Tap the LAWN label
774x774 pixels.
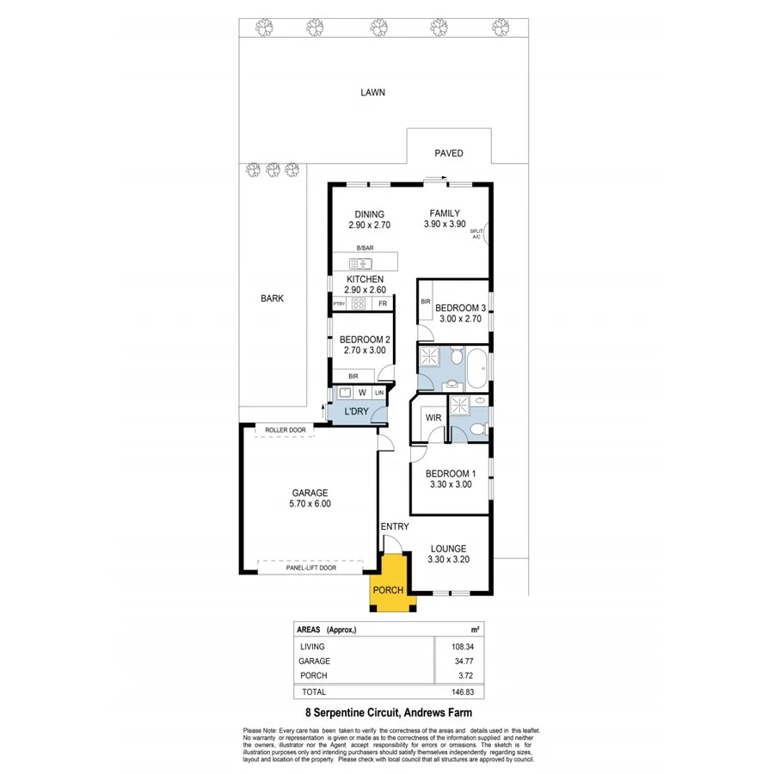[372, 92]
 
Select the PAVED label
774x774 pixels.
[448, 153]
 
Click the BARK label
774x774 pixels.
[272, 298]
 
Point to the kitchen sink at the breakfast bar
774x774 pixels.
[359, 262]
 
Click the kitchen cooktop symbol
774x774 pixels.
[359, 304]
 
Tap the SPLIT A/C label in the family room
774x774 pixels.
[476, 235]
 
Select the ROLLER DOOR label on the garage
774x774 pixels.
[285, 429]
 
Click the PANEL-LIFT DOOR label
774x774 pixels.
[310, 568]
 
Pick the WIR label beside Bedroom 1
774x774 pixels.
[433, 418]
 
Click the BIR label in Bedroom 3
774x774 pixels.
[426, 302]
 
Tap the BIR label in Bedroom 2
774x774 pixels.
[353, 376]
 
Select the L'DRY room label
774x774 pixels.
[356, 412]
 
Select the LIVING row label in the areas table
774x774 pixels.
[312, 646]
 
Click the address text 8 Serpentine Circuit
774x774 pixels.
[387, 713]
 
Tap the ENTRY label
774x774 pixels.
[394, 526]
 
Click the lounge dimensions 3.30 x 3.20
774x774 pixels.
[448, 560]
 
